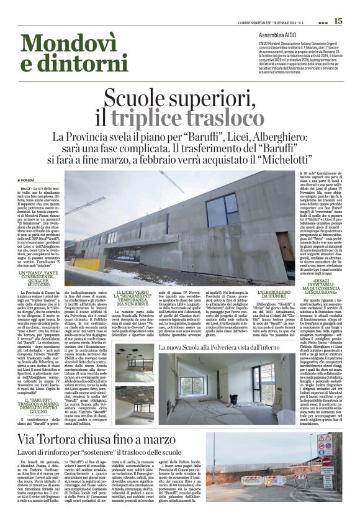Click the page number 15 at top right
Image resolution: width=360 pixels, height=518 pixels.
pos(338,20)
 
